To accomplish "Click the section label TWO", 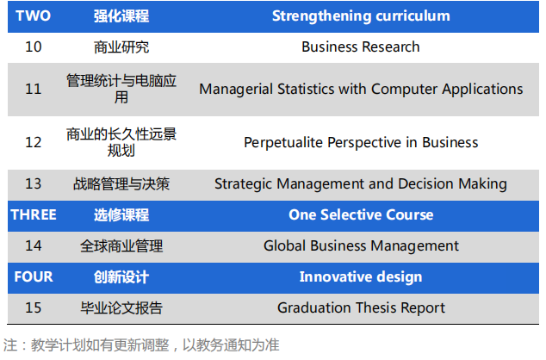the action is (33, 16).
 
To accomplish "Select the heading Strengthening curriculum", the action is (361, 16).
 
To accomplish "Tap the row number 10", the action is (34, 47).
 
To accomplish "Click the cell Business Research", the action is (360, 47).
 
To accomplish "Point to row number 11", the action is (34, 89).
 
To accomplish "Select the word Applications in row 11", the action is (482, 90).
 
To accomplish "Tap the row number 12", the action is (34, 142).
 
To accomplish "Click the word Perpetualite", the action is (283, 143).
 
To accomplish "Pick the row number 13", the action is (34, 183).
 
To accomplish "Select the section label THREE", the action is (34, 214).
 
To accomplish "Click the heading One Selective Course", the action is (361, 214).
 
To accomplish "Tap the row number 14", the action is (34, 245).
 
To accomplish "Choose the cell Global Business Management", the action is (361, 246).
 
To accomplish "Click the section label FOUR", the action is (34, 276).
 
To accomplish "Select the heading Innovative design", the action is (361, 277).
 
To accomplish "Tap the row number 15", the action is (34, 307).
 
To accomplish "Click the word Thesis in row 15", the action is (375, 307).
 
